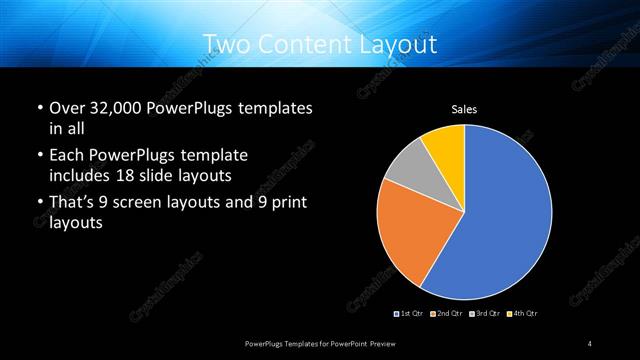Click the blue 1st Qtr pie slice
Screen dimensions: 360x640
point(500,220)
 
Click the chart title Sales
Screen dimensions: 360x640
point(464,108)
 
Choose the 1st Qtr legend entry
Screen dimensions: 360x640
point(410,314)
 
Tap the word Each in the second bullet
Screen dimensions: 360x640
point(68,156)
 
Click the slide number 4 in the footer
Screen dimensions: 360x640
point(590,344)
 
